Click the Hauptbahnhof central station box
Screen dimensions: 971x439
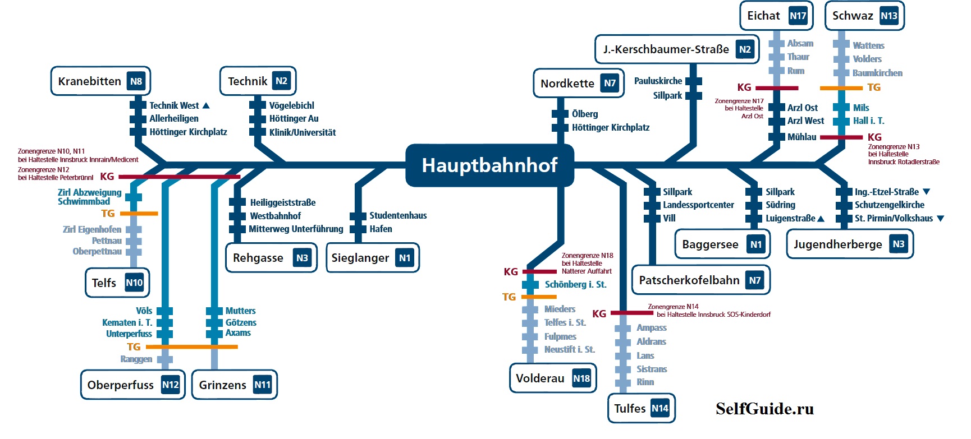(489, 165)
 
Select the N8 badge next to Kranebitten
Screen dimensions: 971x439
(136, 81)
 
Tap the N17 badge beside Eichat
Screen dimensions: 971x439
(798, 16)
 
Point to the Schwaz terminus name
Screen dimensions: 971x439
(853, 16)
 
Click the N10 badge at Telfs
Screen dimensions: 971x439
(134, 283)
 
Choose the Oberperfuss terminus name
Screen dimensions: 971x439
(121, 385)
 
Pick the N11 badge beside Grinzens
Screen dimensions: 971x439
(262, 385)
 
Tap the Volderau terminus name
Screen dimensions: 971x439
(540, 378)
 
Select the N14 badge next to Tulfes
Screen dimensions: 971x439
(660, 408)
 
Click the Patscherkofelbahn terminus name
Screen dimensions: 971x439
(689, 280)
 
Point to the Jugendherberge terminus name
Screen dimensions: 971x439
(838, 244)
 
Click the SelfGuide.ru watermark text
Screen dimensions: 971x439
(764, 409)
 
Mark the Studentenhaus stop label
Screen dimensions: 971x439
(398, 215)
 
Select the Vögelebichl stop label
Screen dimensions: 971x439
(292, 105)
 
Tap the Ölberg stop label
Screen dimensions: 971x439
(585, 114)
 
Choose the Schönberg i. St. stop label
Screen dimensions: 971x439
(576, 284)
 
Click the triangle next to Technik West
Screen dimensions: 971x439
(206, 105)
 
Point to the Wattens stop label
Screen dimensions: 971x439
(868, 45)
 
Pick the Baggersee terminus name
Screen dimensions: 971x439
(710, 244)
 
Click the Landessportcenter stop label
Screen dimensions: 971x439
(698, 205)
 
